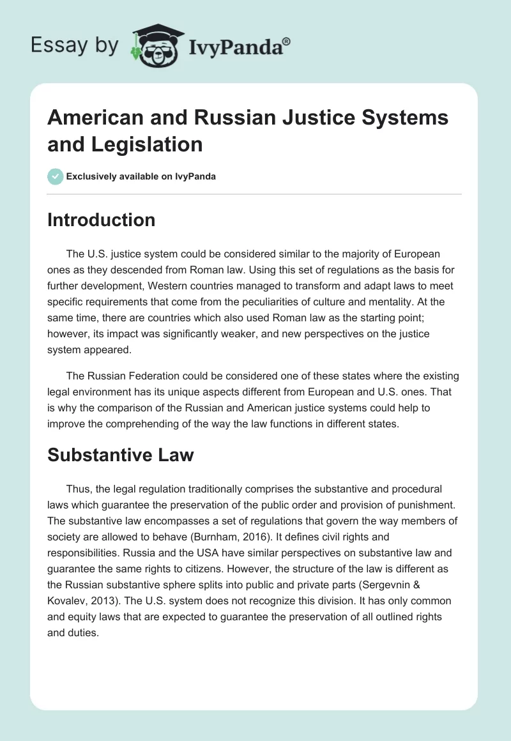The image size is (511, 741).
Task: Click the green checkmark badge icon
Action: pyautogui.click(x=56, y=176)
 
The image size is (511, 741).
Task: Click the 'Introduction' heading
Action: pyautogui.click(x=102, y=220)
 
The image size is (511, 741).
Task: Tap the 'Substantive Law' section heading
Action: pyautogui.click(x=121, y=455)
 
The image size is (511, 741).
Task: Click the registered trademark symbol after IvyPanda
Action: pyautogui.click(x=287, y=42)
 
